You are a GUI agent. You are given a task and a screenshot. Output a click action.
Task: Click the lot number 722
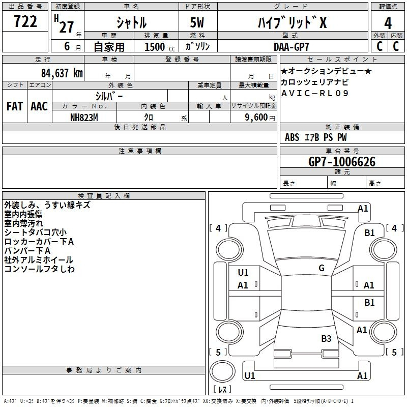tap(25, 21)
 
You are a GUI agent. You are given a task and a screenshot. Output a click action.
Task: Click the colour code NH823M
tap(84, 117)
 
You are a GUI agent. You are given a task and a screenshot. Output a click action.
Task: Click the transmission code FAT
tap(15, 106)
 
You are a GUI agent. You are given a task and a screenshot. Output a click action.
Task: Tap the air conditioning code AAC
tap(39, 106)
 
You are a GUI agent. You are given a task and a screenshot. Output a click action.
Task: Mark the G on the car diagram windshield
tap(322, 268)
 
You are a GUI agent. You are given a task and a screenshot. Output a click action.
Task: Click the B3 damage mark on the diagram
tap(326, 338)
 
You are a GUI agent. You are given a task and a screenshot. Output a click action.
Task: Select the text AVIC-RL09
tap(315, 93)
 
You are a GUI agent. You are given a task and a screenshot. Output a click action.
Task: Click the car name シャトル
tap(132, 22)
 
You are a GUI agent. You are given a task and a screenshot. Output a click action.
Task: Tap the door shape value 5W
tap(198, 22)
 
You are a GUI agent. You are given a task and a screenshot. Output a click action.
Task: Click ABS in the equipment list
tap(292, 137)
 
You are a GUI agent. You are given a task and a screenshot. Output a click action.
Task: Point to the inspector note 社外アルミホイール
tap(39, 260)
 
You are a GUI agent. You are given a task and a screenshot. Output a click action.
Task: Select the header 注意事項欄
tap(140, 151)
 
